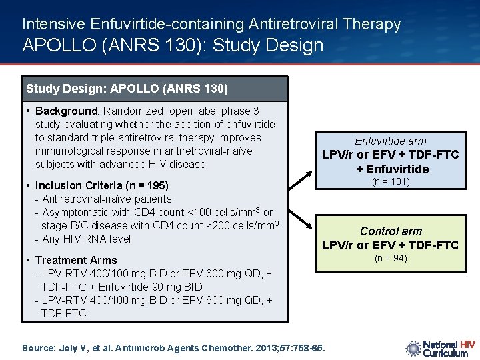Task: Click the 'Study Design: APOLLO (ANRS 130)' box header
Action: coord(127,89)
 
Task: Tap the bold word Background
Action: coord(66,111)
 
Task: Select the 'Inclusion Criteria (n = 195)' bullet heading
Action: coord(101,185)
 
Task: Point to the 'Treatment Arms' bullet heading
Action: coord(75,260)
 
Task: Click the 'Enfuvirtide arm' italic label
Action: coord(390,141)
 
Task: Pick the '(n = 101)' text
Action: coord(390,182)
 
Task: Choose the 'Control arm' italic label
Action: coord(391,231)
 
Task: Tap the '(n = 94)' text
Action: coord(390,259)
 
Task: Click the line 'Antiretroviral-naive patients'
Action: coord(106,199)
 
